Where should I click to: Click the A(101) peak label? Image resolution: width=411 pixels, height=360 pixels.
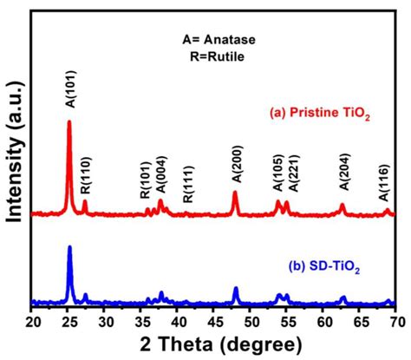71,89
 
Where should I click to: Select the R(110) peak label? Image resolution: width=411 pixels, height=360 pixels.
86,175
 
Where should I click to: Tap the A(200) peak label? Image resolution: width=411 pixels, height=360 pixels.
238,164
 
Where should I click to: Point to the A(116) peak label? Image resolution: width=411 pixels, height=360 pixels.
384,183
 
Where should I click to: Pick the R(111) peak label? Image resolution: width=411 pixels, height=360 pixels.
188,185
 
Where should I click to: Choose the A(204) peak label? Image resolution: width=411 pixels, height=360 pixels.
344,172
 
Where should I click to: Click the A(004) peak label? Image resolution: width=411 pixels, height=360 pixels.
161,174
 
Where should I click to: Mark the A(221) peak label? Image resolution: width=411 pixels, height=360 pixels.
295,173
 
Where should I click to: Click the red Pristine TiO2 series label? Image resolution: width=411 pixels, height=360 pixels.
320,113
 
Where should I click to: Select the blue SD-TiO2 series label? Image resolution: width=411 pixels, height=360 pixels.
324,266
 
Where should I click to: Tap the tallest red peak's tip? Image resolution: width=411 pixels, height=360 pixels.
69,121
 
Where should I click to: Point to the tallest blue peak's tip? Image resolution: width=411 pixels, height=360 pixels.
69,246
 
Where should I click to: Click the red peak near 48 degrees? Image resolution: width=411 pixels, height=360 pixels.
235,192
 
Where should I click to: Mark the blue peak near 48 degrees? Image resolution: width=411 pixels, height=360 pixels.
236,288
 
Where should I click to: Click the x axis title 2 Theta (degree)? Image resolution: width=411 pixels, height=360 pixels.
221,345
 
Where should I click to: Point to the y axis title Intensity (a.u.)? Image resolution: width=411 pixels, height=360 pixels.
15,152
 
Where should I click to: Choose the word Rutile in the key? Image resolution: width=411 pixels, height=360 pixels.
226,56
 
